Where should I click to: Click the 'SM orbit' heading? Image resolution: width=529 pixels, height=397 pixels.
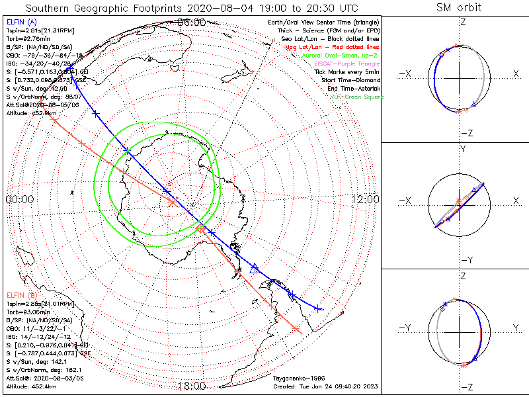click(459, 7)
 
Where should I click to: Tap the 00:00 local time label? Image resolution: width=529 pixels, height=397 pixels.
click(19, 198)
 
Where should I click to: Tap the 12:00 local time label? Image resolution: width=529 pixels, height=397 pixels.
click(365, 198)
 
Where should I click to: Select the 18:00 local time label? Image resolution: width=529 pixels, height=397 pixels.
click(192, 386)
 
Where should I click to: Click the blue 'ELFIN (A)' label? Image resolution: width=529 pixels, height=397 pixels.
click(22, 22)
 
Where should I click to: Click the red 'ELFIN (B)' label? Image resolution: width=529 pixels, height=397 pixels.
click(22, 294)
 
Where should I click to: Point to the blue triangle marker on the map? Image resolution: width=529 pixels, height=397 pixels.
click(255, 268)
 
